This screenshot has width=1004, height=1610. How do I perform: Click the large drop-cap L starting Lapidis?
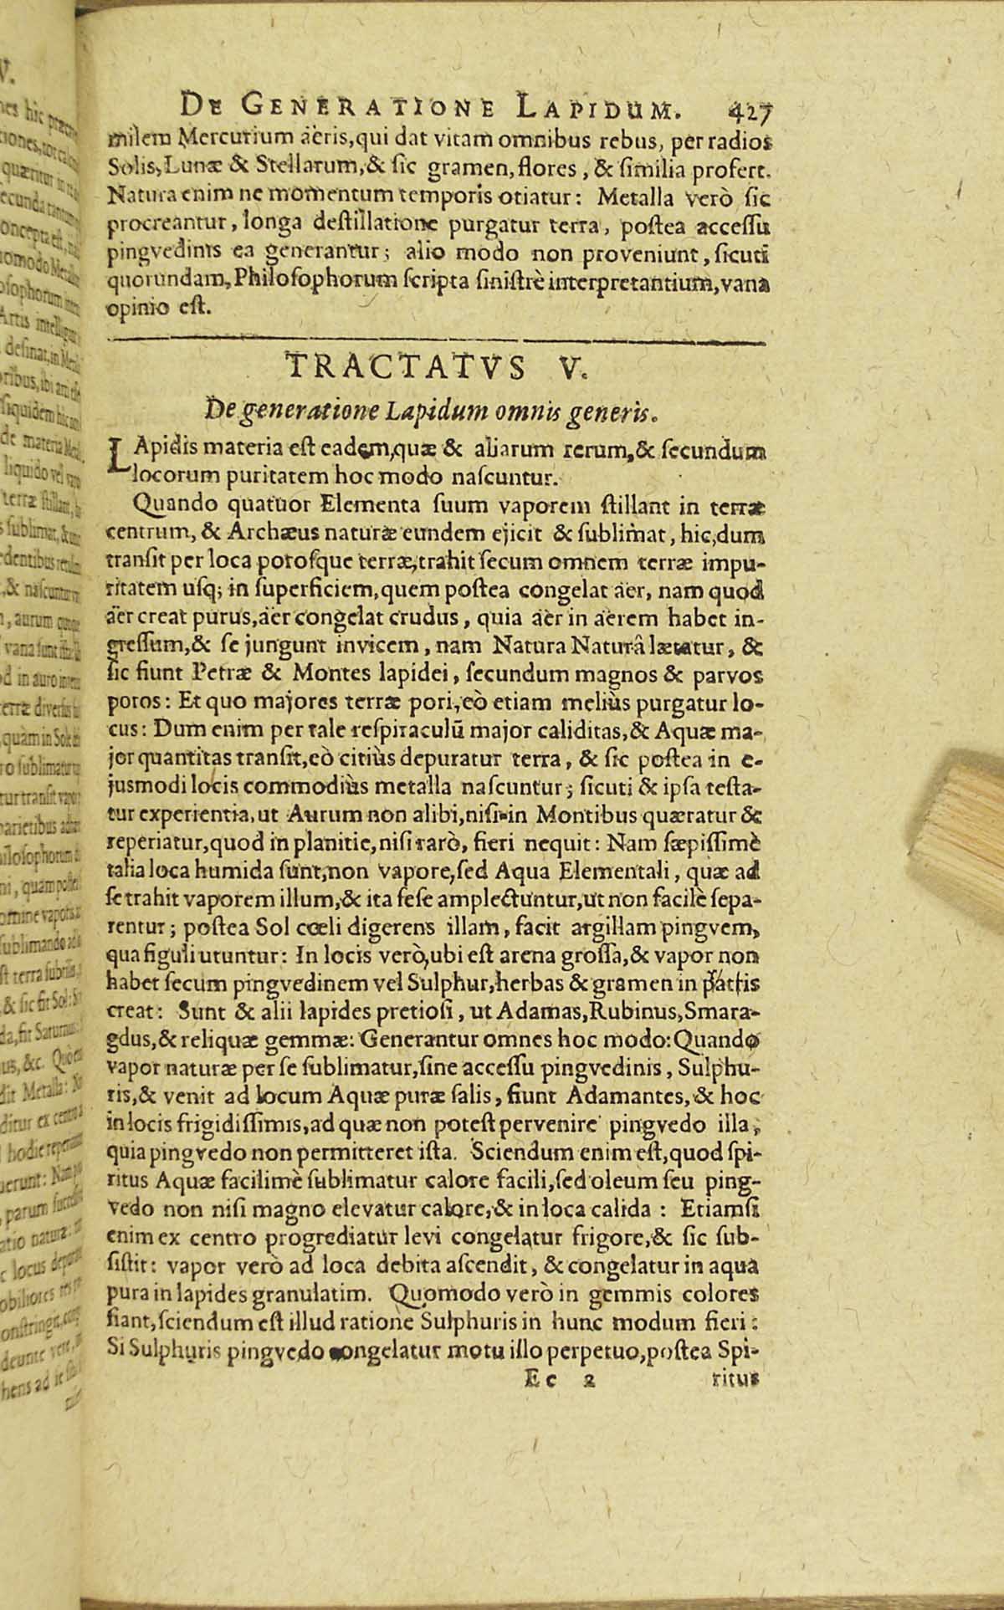click(119, 456)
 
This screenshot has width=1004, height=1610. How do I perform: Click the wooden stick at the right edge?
click(971, 828)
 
